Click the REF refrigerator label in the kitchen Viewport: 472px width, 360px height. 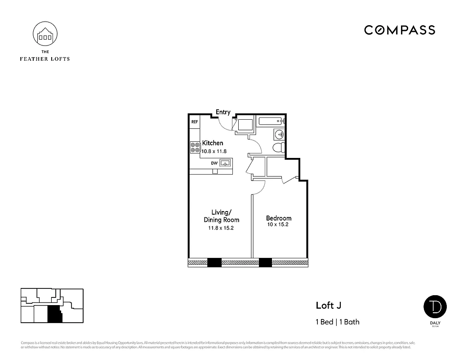[x=195, y=122]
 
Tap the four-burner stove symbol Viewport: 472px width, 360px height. [x=195, y=147]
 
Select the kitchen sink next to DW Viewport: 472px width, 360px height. [x=225, y=163]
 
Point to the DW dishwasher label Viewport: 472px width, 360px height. [x=214, y=163]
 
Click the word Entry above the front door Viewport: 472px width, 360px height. [x=223, y=112]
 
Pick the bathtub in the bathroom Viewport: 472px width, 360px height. [x=270, y=121]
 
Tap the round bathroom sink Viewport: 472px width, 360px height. [x=279, y=134]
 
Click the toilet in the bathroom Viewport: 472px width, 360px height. [x=278, y=147]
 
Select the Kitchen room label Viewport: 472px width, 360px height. [x=212, y=143]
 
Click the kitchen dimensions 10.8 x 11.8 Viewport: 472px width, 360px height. [x=214, y=151]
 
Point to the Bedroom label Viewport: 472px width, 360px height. [x=278, y=218]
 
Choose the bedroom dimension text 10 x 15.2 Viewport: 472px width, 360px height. [x=277, y=224]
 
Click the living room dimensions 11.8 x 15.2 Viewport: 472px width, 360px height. [x=221, y=228]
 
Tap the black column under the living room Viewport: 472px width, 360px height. [x=214, y=262]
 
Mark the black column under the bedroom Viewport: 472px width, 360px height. [x=265, y=262]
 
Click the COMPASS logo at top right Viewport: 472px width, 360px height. [x=399, y=30]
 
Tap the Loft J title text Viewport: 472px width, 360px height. [x=328, y=306]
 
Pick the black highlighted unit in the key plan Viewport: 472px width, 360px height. [x=54, y=314]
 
